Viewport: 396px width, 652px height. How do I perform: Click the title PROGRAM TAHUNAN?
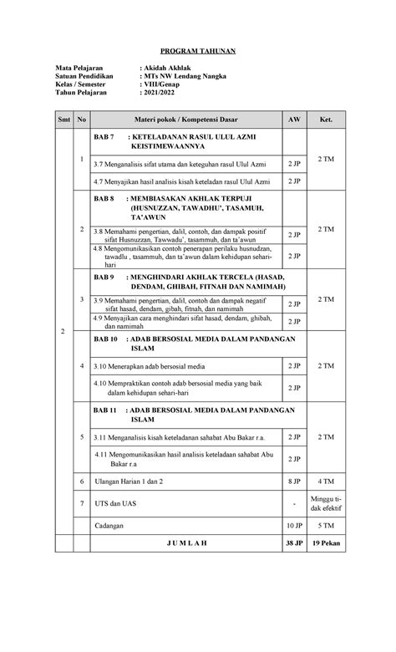[199, 52]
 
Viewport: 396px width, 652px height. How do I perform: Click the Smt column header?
[63, 120]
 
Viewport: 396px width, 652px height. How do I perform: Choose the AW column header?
[293, 120]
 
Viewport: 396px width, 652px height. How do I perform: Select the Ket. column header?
[325, 120]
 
